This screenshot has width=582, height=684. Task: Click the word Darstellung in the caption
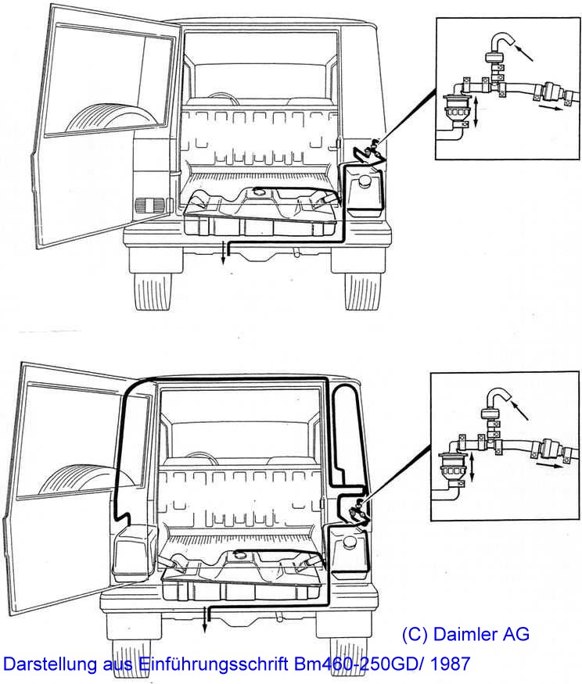(50, 664)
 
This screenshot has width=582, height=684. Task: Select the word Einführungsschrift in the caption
(213, 664)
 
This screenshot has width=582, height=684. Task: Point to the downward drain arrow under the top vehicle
(223, 254)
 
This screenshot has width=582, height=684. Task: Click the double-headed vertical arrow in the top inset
(476, 112)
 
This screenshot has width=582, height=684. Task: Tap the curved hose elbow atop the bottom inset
(497, 396)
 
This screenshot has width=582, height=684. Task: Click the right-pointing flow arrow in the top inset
(548, 107)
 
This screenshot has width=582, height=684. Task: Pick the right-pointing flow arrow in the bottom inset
(548, 465)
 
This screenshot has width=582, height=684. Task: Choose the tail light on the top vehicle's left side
(149, 206)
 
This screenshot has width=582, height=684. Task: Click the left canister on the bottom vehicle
(135, 553)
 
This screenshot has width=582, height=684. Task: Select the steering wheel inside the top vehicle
(224, 98)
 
